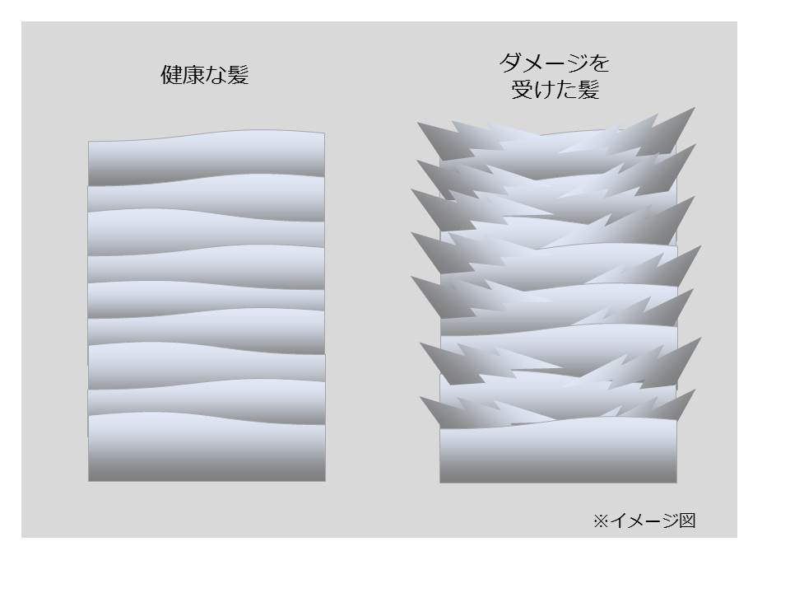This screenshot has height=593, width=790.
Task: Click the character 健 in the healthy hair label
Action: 171,75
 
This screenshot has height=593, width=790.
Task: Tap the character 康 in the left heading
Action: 193,75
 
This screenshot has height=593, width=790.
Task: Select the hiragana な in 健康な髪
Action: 216,76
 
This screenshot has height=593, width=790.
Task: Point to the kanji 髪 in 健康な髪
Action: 238,75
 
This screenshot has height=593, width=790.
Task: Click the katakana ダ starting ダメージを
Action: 510,63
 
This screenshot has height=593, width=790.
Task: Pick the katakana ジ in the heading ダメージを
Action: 576,63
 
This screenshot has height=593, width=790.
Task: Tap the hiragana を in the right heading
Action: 599,63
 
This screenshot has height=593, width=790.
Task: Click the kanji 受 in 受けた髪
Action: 522,90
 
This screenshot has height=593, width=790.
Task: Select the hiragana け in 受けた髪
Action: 544,90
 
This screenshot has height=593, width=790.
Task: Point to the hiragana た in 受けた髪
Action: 566,90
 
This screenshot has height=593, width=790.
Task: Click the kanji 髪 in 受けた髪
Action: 588,90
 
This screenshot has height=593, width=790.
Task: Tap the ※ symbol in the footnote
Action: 601,521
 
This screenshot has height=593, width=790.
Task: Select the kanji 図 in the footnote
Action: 687,520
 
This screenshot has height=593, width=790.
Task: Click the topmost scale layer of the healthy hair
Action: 207,156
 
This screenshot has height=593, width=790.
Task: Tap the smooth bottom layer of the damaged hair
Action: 558,451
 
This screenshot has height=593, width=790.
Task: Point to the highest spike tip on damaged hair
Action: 695,107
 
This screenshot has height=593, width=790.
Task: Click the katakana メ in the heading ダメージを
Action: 532,63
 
